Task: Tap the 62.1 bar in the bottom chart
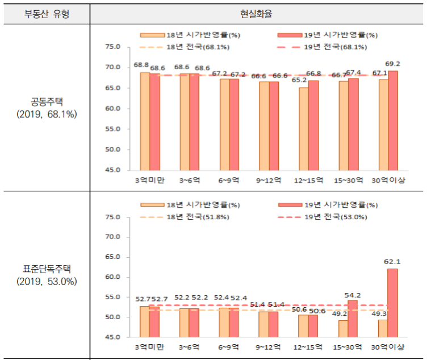[392, 302]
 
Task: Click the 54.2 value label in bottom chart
[352, 296]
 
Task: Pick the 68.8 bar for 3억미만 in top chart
[145, 120]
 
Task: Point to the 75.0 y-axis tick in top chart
[112, 47]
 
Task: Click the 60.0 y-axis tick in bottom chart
[112, 277]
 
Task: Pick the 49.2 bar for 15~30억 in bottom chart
[344, 328]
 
